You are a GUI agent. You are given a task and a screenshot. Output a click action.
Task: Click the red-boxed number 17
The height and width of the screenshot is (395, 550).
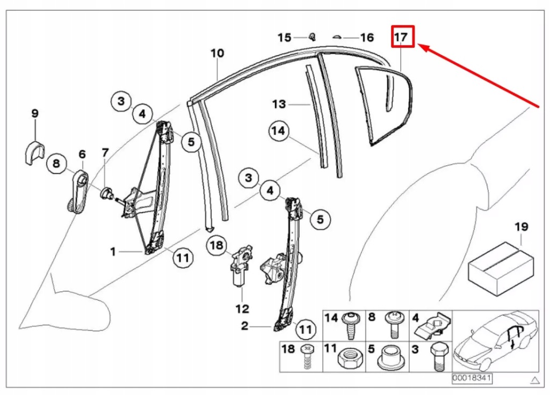[402, 37]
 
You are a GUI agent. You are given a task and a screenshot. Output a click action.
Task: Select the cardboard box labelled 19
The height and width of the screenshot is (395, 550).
[502, 268]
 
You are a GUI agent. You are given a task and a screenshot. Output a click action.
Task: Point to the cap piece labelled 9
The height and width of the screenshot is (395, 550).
[34, 151]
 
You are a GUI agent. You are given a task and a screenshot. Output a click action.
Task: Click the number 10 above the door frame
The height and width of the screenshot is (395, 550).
[217, 54]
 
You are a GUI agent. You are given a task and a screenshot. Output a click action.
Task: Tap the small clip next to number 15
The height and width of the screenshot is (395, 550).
[312, 36]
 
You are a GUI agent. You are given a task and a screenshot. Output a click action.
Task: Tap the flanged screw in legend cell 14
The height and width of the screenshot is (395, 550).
[351, 324]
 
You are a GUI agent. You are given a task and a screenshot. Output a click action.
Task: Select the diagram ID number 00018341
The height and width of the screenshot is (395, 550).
[464, 378]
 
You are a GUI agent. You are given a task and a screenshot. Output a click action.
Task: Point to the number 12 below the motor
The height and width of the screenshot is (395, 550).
[242, 309]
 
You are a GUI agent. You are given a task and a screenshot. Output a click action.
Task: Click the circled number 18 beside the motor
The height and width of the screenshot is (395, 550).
[216, 245]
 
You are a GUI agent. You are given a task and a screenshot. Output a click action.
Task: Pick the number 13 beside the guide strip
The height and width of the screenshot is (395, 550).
[279, 104]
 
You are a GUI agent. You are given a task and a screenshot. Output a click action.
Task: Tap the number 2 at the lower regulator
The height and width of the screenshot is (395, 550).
[244, 326]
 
